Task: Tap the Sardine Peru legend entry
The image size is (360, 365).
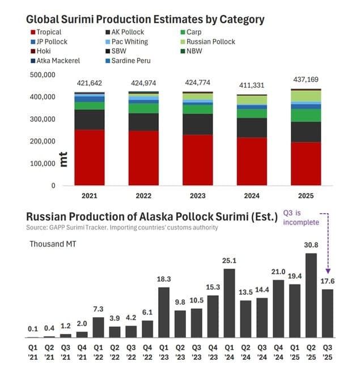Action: click(x=130, y=60)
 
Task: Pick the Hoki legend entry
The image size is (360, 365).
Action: click(x=42, y=50)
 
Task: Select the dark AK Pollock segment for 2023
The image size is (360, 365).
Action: click(x=198, y=124)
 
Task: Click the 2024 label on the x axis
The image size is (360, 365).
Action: click(x=252, y=195)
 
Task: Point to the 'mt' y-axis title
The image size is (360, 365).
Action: click(x=63, y=159)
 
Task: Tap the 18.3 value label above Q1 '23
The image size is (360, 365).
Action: click(x=164, y=279)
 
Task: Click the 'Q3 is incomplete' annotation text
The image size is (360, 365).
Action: click(x=302, y=218)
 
